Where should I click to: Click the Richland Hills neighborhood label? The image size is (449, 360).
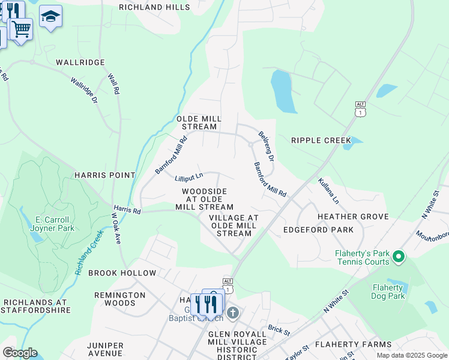(x=154, y=8)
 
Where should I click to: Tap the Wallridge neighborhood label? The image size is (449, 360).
(x=80, y=62)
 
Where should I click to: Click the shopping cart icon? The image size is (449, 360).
(x=21, y=28)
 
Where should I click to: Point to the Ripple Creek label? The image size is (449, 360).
(x=321, y=140)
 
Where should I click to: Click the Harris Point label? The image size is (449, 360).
(x=104, y=175)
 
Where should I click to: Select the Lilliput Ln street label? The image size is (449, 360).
(x=189, y=178)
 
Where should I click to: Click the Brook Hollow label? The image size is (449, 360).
(x=122, y=273)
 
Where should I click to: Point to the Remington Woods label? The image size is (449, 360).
(x=119, y=299)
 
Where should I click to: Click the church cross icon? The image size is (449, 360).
(x=233, y=313)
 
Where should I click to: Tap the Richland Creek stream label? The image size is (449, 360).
(x=89, y=251)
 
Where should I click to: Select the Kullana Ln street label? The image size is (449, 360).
(x=329, y=190)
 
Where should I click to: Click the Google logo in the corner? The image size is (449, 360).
(x=20, y=353)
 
